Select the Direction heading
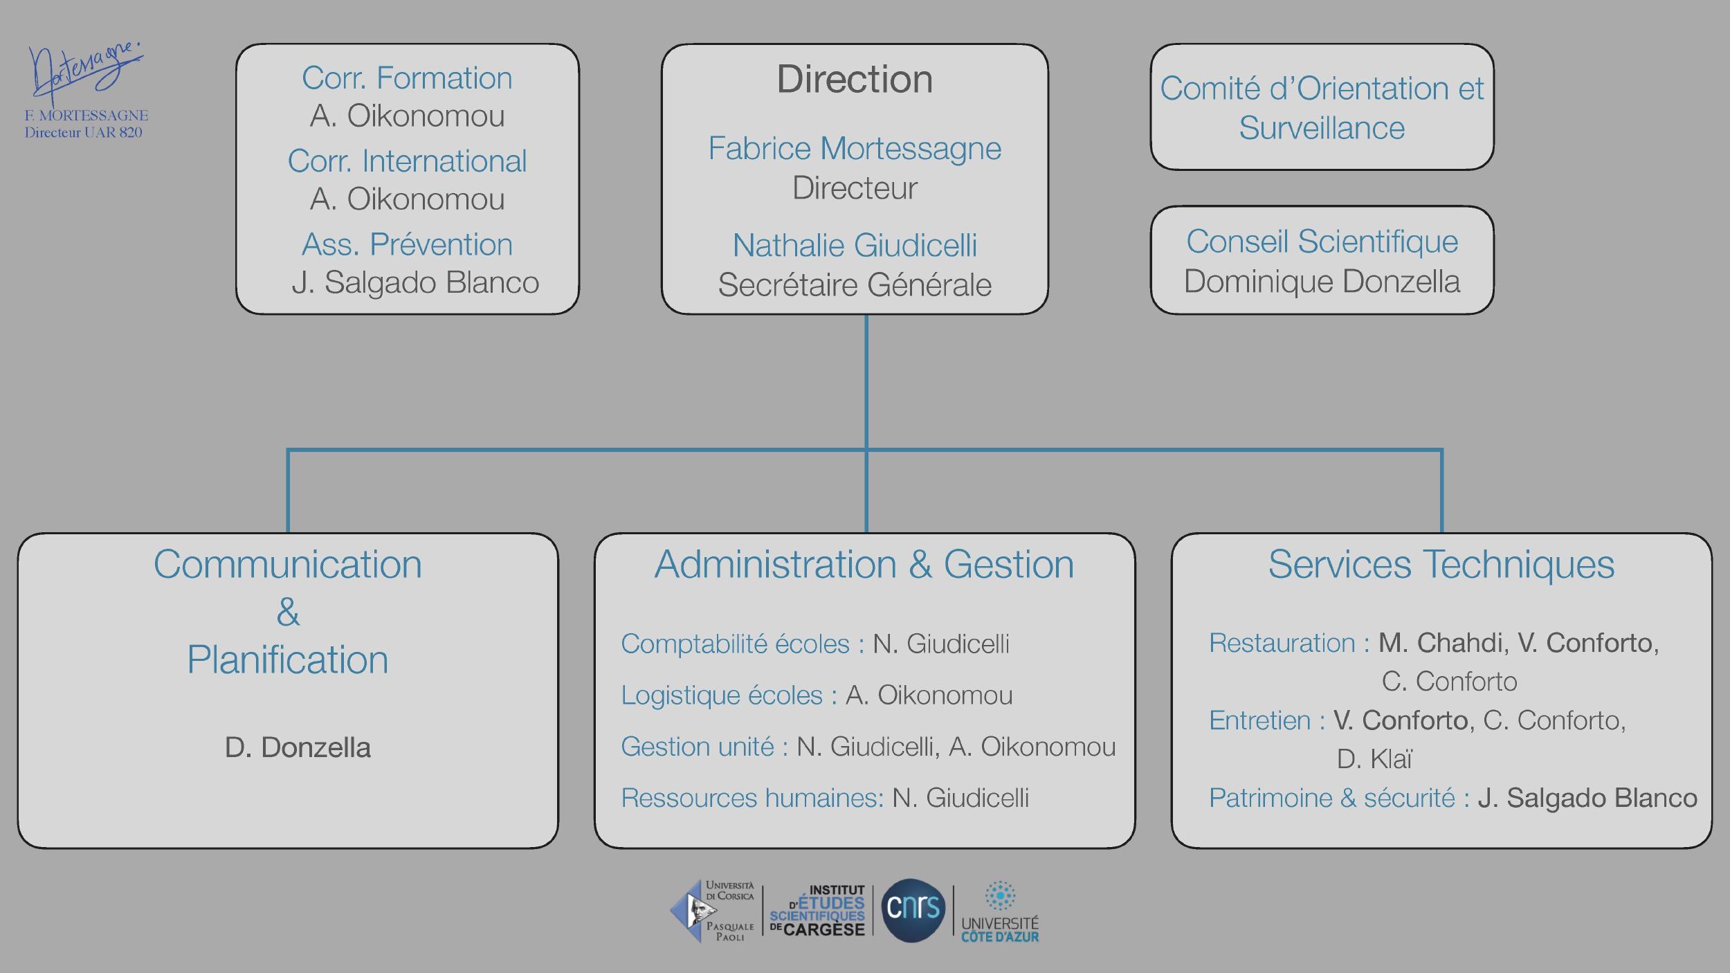pos(855,79)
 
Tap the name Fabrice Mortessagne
pos(855,148)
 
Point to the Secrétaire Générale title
pos(855,284)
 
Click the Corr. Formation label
pos(407,78)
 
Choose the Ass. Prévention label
pos(407,244)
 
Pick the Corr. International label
pos(407,161)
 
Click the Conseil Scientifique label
pos(1322,242)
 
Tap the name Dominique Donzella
pos(1322,282)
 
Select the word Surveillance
pos(1322,128)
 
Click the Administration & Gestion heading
pos(864,564)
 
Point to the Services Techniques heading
pos(1441,564)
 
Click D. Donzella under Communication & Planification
pos(298,747)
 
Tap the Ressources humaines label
pos(752,798)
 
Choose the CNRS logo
pos(913,909)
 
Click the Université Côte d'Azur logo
pos(999,911)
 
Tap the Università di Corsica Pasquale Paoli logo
pos(713,911)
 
